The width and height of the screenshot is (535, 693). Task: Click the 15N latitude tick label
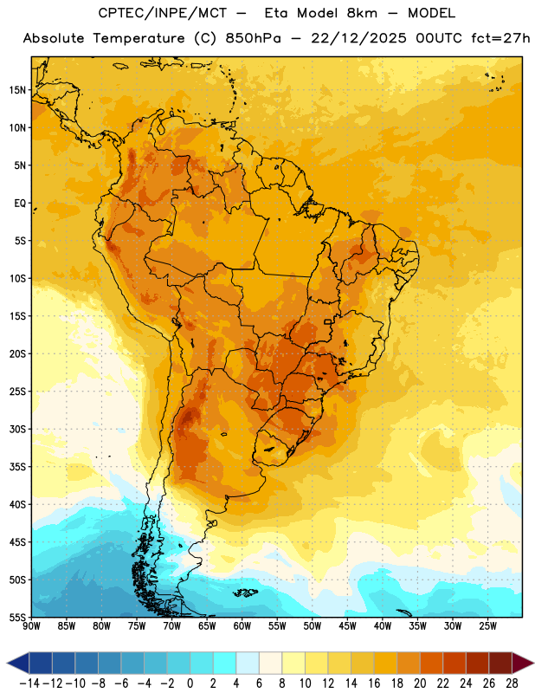point(17,90)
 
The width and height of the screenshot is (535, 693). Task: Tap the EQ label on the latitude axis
point(20,204)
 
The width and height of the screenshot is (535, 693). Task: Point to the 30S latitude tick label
point(17,429)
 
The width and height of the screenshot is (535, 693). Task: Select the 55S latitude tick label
point(17,617)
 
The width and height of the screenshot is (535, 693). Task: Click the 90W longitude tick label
point(31,626)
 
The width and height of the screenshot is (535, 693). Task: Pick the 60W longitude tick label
point(242,626)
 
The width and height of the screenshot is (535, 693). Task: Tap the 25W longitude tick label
point(487,626)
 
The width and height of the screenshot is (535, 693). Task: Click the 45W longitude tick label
point(347,626)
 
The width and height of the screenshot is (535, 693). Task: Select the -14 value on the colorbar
point(29,683)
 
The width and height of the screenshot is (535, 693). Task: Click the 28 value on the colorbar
point(512,683)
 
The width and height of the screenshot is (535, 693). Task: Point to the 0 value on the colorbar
point(190,683)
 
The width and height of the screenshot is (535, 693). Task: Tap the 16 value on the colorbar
point(374,683)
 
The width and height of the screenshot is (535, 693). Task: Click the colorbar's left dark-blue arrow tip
point(7,663)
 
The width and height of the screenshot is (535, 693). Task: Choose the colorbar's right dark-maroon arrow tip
point(533,663)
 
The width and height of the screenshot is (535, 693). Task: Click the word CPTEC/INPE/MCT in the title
point(163,13)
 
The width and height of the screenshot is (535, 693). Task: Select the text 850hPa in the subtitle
point(253,38)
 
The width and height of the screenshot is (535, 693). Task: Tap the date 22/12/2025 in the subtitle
point(358,38)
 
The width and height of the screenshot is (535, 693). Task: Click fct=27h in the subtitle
point(500,38)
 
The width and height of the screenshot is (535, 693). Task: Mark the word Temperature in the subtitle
point(139,38)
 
